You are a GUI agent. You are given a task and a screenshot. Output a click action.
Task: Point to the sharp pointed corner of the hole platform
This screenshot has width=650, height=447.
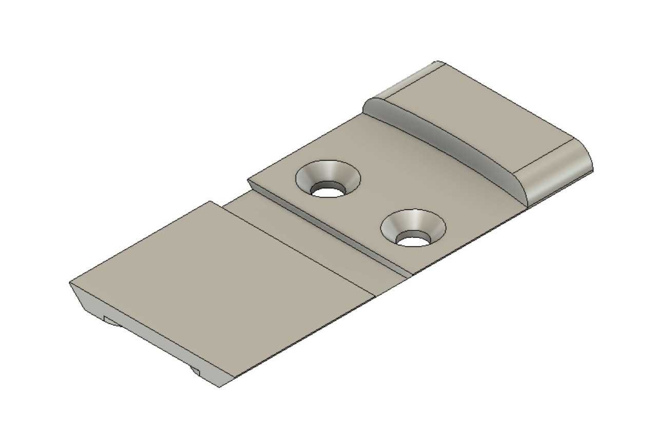tap(248, 180)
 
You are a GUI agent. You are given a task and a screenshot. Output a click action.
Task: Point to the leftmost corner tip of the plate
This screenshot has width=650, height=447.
tap(69, 282)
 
